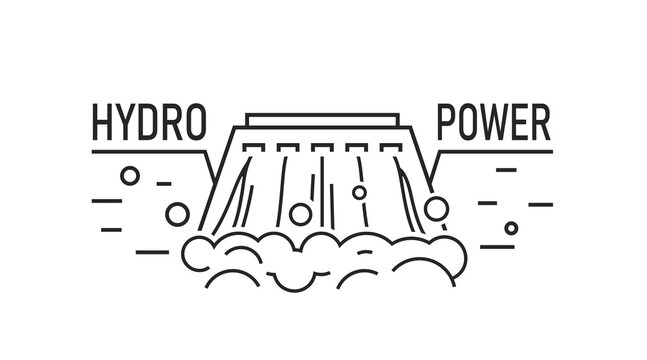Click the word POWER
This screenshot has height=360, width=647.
pyautogui.click(x=494, y=123)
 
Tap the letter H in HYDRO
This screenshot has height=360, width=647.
pyautogui.click(x=103, y=123)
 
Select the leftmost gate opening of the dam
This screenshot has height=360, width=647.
pyautogui.click(x=255, y=150)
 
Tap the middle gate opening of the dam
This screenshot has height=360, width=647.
pyautogui.click(x=322, y=150)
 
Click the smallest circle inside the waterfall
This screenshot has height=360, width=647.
pyautogui.click(x=359, y=192)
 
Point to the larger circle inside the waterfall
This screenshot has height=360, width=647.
pyautogui.click(x=299, y=213)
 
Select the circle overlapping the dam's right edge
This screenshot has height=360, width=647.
pyautogui.click(x=436, y=208)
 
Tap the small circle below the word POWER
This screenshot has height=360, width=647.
pyautogui.click(x=511, y=228)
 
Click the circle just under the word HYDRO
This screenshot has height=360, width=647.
pyautogui.click(x=129, y=176)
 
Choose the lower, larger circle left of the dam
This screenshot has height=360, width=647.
pyautogui.click(x=177, y=213)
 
